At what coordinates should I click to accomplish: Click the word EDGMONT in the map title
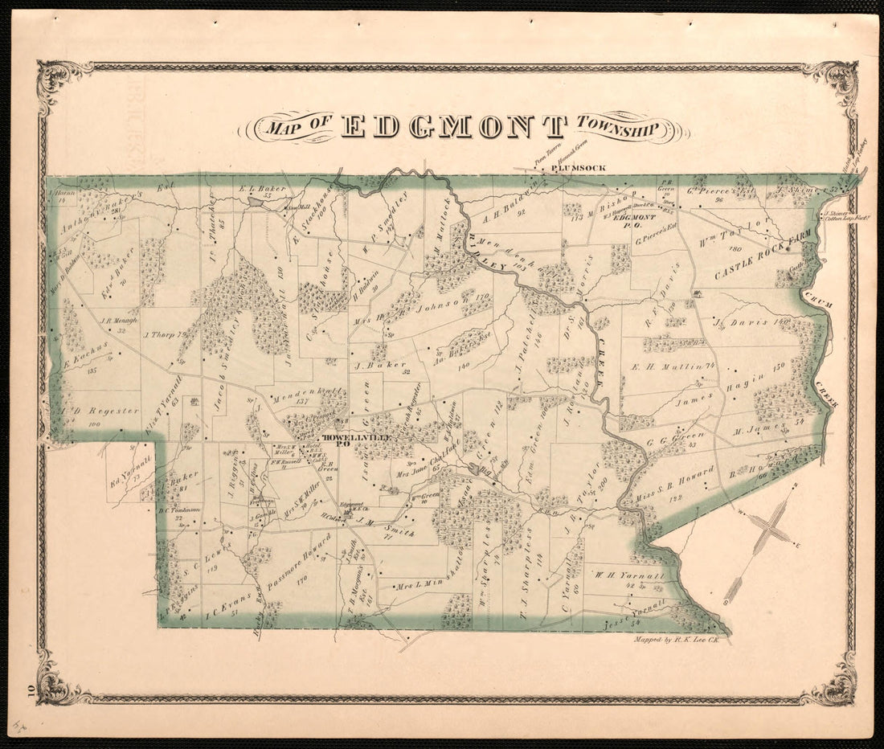click(454, 127)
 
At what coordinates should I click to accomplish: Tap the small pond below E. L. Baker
click(255, 203)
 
